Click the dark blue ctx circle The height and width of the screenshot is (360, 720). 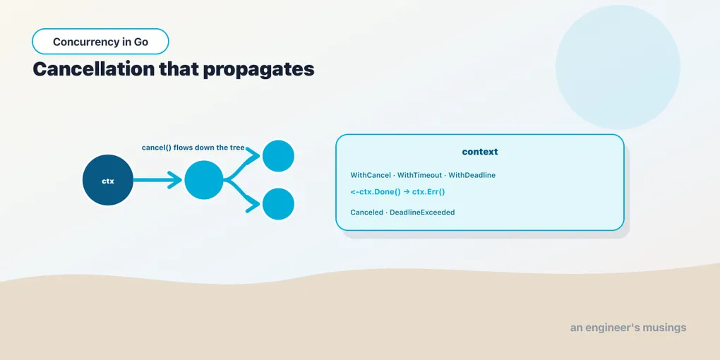coord(108,180)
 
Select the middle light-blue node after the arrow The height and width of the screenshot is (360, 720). coord(204,180)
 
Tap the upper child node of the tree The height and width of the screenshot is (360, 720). coord(278,156)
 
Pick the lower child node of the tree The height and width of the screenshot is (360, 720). coord(278,204)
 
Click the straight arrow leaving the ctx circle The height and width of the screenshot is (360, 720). coord(158,180)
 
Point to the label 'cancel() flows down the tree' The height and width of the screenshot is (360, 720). coord(193,148)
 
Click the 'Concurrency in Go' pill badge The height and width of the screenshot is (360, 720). coord(100,42)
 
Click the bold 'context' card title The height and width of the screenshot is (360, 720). coord(480,152)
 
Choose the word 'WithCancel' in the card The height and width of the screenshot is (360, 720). coord(370,175)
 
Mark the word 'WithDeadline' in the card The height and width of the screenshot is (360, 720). coord(472,175)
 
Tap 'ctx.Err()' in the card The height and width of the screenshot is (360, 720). coord(428,192)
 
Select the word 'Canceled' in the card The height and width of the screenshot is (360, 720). coord(366,212)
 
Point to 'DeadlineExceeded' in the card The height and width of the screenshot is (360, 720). coord(422,212)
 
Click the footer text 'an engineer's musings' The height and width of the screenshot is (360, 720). coord(628,328)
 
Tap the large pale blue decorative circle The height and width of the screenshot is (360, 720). coord(618,67)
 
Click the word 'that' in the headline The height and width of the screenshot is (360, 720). coord(178,69)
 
